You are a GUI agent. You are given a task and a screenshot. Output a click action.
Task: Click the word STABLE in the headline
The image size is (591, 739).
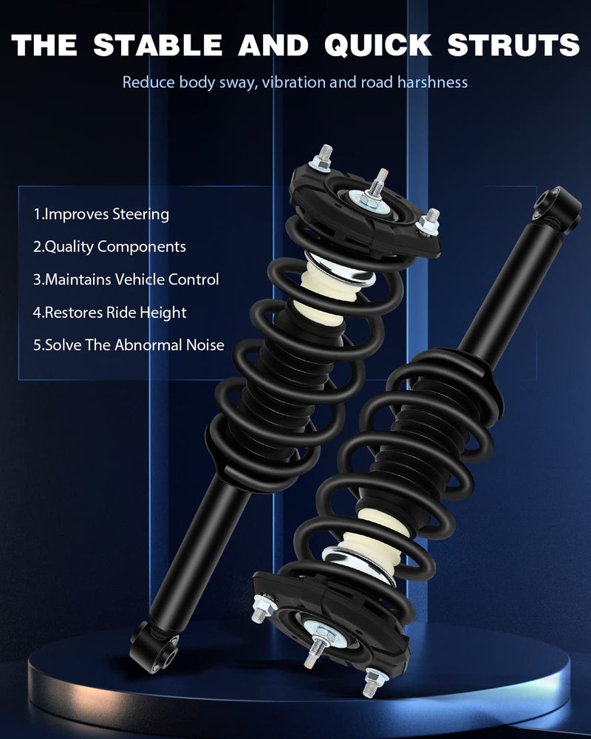click(160, 45)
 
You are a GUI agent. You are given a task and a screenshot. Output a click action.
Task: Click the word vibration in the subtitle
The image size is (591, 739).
click(293, 82)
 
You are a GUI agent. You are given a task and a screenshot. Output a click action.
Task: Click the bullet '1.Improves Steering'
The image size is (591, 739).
click(101, 214)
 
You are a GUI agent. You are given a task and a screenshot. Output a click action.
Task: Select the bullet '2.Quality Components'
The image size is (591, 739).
click(109, 247)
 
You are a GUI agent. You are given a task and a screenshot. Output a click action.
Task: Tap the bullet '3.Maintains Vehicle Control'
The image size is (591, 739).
click(126, 280)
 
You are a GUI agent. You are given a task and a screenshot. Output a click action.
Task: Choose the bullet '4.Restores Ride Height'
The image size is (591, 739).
click(109, 313)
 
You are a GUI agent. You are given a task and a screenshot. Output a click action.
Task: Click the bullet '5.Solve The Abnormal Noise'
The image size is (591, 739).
click(129, 345)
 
